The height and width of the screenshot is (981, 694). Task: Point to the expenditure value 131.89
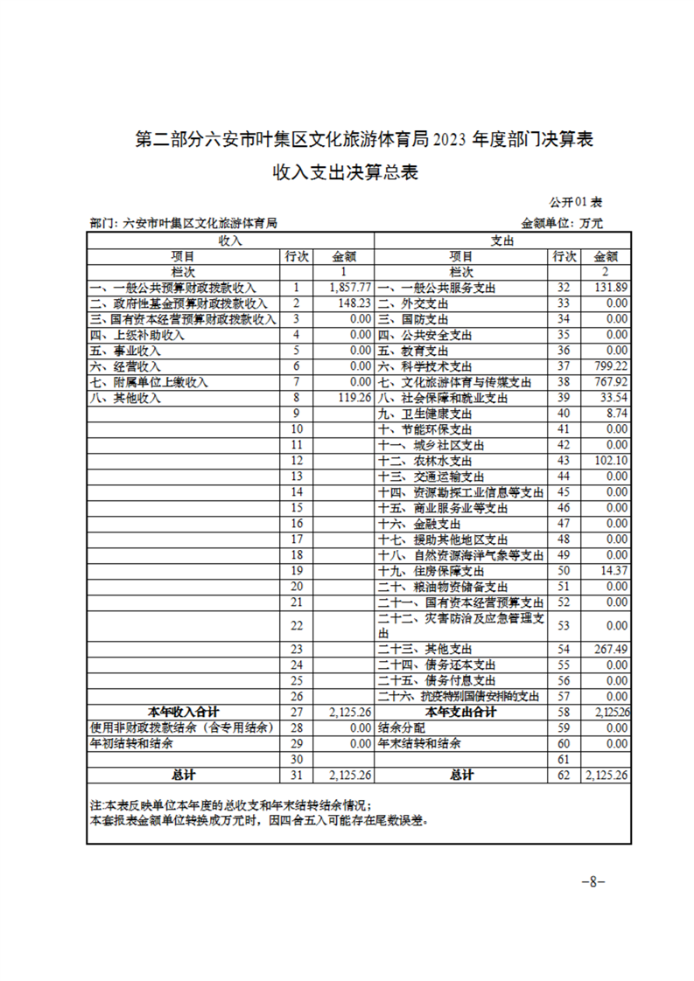611,288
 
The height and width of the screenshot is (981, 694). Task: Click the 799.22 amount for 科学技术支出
611,366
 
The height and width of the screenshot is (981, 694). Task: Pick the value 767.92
611,382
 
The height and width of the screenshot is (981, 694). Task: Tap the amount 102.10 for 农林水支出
611,461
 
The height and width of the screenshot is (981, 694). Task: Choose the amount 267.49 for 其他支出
611,650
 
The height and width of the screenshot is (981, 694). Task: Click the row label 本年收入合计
184,713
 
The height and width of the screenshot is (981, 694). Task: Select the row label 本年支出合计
460,713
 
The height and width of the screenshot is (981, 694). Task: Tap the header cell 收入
230,240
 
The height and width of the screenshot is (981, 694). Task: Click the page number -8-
592,882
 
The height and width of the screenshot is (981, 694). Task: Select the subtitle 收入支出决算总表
346,172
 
